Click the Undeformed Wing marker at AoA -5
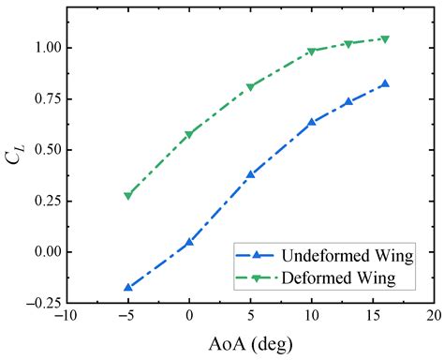[128, 287]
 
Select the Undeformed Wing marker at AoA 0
[189, 242]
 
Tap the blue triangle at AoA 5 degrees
[250, 174]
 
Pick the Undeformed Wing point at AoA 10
[312, 122]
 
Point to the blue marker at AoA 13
[348, 101]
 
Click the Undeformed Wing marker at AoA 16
[385, 83]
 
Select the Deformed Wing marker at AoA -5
[128, 196]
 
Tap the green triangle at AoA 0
[189, 135]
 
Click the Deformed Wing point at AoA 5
[250, 87]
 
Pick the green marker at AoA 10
[312, 52]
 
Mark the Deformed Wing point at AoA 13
[348, 44]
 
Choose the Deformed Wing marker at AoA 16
[385, 39]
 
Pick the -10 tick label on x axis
[66, 318]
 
